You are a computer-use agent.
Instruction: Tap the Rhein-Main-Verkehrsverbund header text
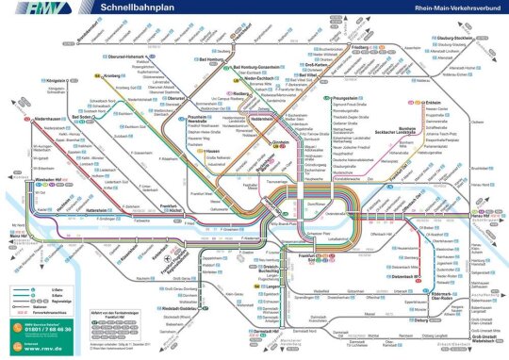click(452, 8)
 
